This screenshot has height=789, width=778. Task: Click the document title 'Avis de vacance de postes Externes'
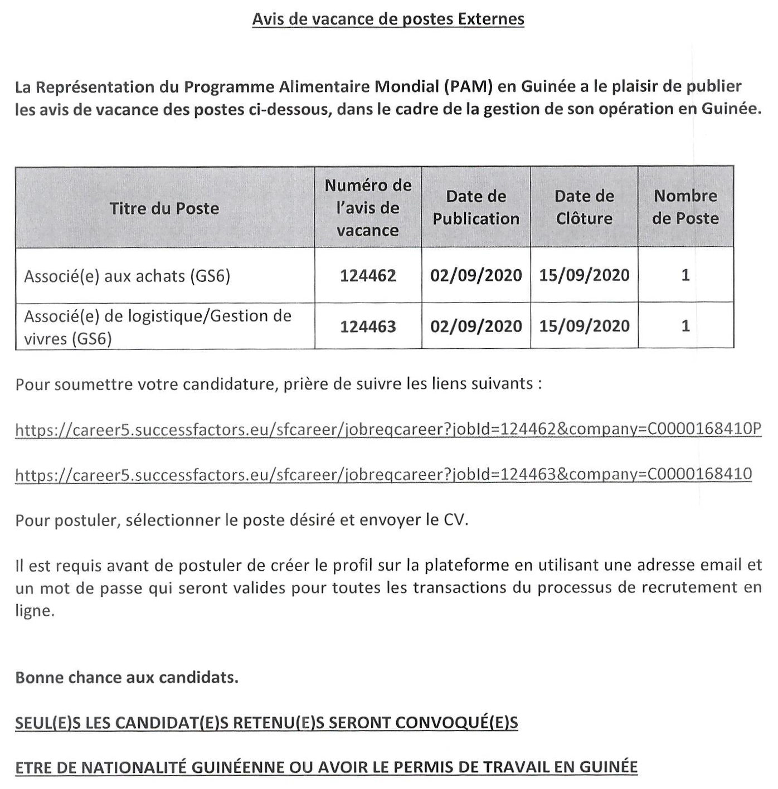pos(388,19)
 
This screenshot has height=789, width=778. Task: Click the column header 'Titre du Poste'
pos(164,208)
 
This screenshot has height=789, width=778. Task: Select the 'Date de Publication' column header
pos(476,207)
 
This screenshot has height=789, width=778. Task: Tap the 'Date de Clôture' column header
pos(584,207)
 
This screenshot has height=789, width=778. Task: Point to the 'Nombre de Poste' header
pos(685,207)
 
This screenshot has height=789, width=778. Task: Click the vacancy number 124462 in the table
pos(368,275)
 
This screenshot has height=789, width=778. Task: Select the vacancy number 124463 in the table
pos(368,326)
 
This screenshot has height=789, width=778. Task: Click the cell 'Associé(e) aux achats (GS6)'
pos(127,276)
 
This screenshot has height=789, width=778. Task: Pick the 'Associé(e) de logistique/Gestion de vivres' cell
pos(158,327)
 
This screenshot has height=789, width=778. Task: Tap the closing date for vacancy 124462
pos(584,275)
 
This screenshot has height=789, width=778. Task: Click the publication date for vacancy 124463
pos(476,326)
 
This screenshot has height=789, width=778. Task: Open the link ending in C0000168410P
pos(388,429)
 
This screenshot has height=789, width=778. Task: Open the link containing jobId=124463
pos(383,474)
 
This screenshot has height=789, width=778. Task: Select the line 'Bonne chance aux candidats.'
pos(127,678)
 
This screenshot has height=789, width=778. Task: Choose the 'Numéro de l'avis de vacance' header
pos(368,208)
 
